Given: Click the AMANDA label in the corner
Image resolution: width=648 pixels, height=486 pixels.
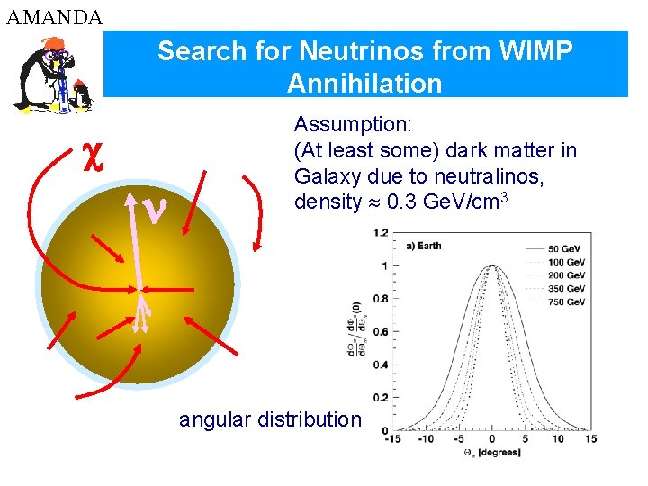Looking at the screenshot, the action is click(x=54, y=16).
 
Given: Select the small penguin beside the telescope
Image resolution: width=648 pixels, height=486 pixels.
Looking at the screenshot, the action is click(x=83, y=92).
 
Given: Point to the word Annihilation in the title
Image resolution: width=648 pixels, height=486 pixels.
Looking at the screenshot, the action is click(x=364, y=84).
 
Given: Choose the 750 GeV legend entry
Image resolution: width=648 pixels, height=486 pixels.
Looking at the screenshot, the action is click(x=566, y=301).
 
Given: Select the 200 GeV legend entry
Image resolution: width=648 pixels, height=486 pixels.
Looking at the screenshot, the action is click(x=566, y=274).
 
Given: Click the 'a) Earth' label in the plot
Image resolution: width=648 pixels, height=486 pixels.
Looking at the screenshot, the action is click(x=424, y=246).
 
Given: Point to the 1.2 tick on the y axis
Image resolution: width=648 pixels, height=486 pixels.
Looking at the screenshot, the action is click(x=382, y=233).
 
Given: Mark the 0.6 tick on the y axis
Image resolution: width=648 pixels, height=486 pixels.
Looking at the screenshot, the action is click(x=382, y=332).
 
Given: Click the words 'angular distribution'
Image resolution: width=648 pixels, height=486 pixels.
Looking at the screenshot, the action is click(x=270, y=419).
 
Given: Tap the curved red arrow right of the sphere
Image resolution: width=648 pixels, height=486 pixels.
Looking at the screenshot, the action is click(x=256, y=210).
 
